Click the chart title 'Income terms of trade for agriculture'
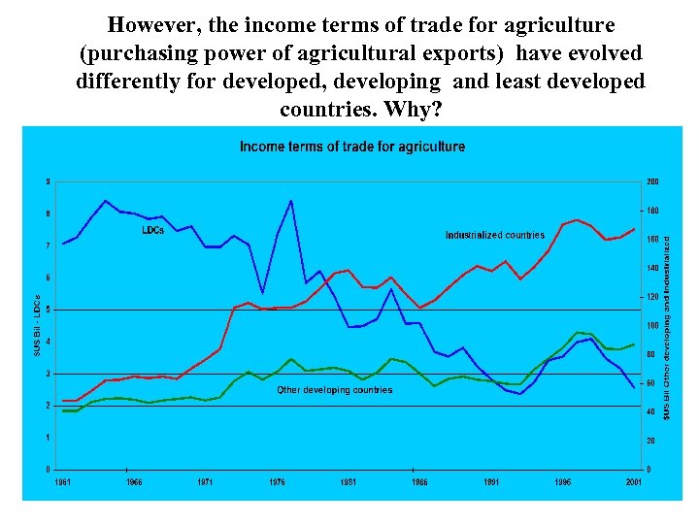(352, 147)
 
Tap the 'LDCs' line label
(152, 230)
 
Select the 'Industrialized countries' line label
(494, 235)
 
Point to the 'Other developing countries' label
(335, 389)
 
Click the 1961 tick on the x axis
(62, 481)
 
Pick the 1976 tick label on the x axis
(277, 481)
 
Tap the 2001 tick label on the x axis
(633, 481)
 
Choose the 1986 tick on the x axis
(419, 481)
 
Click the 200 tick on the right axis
(652, 181)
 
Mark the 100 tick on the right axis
(652, 325)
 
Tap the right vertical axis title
(667, 325)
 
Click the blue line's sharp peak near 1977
(290, 201)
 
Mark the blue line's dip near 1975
(262, 292)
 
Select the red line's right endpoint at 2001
(634, 229)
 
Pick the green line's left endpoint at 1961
(63, 410)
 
